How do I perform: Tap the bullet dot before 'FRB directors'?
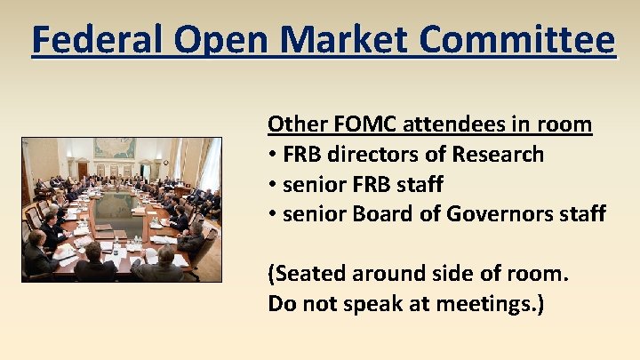(272, 155)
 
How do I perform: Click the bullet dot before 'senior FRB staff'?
(272, 185)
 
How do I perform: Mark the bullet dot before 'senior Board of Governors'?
(272, 215)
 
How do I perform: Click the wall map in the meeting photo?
(116, 150)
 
